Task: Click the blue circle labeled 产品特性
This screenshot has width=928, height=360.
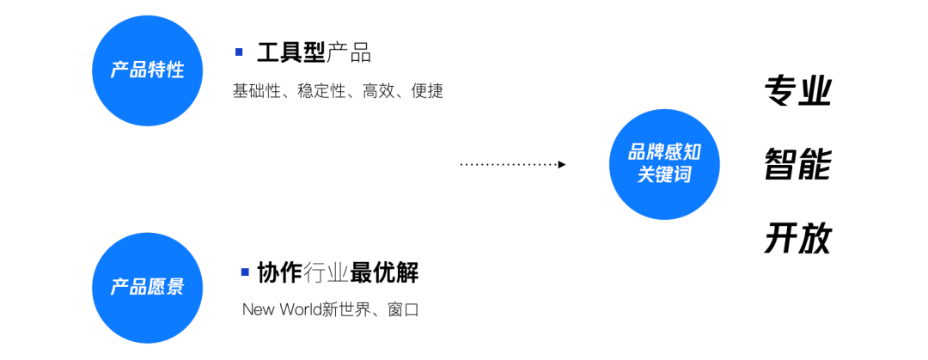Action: [x=147, y=70]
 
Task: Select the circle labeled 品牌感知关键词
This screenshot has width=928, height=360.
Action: [x=664, y=163]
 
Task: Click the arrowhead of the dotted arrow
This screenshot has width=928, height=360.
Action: [x=562, y=164]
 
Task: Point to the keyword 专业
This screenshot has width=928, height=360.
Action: [x=797, y=91]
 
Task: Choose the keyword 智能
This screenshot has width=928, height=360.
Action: [x=797, y=164]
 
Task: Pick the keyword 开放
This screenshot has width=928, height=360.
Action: [x=797, y=239]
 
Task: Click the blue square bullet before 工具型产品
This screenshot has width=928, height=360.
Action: [x=239, y=52]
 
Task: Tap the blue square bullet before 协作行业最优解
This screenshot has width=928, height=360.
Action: [x=245, y=272]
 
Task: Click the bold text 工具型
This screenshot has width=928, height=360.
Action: [x=291, y=53]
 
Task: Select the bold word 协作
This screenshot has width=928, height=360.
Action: [x=279, y=273]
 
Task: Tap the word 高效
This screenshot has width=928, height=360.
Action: [x=378, y=91]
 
